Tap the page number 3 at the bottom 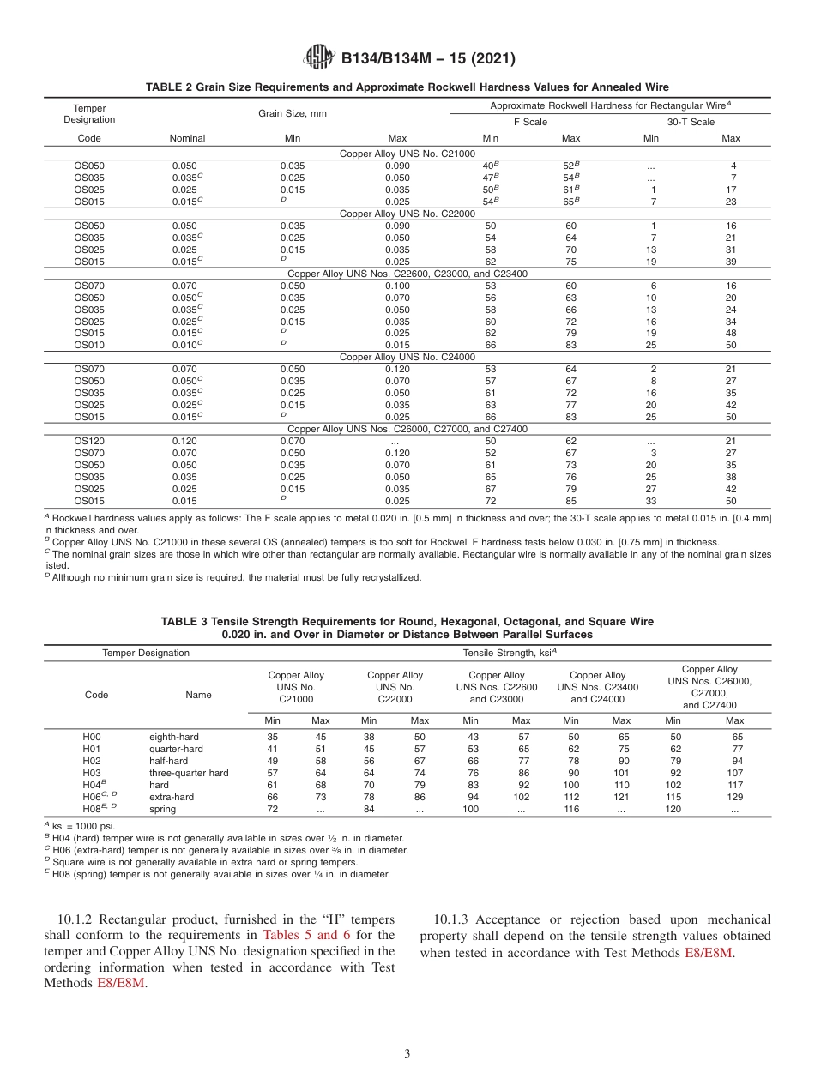point(407,1053)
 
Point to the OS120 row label point(89,441)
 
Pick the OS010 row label point(89,345)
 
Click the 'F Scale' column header point(530,122)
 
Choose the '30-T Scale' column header point(691,122)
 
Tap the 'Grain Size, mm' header point(293,113)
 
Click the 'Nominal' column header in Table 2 point(188,138)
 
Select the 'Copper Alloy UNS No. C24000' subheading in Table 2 point(407,357)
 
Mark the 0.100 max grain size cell point(397,286)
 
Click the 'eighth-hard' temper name point(173,737)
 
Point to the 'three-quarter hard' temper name point(189,773)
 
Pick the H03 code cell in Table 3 point(92,773)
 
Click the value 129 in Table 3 point(734,797)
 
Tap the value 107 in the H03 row point(734,773)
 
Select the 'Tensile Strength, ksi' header point(510,653)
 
